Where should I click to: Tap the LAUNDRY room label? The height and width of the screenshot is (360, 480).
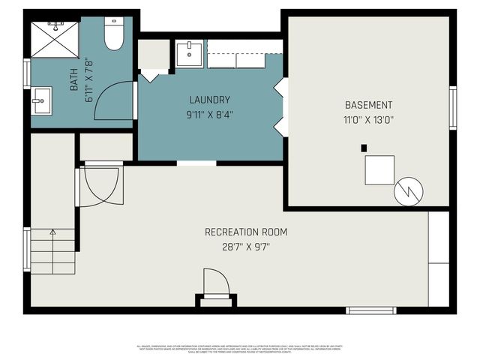pyautogui.click(x=209, y=100)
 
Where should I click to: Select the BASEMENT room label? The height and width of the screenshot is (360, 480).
pyautogui.click(x=368, y=105)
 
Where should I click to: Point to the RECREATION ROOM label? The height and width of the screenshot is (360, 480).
pyautogui.click(x=245, y=232)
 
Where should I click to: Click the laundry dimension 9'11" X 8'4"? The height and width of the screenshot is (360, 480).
pyautogui.click(x=209, y=115)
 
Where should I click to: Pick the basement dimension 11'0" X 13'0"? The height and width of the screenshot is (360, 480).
pyautogui.click(x=368, y=119)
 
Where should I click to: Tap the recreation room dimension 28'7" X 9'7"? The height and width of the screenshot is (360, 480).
pyautogui.click(x=245, y=246)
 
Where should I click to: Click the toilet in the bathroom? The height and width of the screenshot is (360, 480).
pyautogui.click(x=114, y=34)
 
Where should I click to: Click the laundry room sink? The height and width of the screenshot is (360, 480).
pyautogui.click(x=189, y=53)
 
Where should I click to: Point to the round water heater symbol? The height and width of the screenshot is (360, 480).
pyautogui.click(x=409, y=192)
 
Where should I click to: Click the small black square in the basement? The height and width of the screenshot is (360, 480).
pyautogui.click(x=364, y=148)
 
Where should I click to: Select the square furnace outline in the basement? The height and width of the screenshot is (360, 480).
pyautogui.click(x=379, y=169)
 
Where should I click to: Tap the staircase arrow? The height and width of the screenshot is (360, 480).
pyautogui.click(x=52, y=234)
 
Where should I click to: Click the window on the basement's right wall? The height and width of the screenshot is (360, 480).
pyautogui.click(x=452, y=109)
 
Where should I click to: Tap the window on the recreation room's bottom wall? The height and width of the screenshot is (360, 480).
pyautogui.click(x=370, y=310)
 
